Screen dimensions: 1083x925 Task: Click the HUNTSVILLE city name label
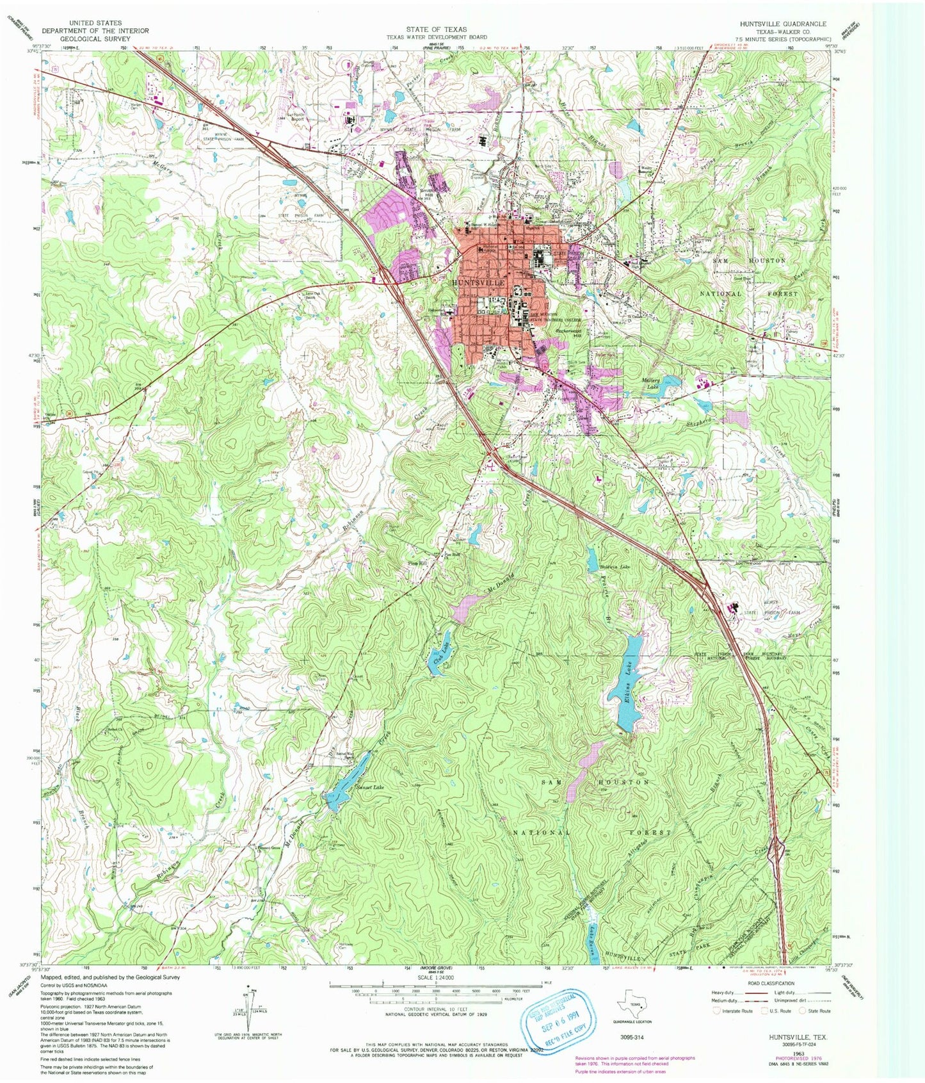(479, 282)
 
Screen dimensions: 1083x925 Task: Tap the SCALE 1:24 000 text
(435, 978)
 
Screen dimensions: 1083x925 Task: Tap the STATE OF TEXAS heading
(436, 29)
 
